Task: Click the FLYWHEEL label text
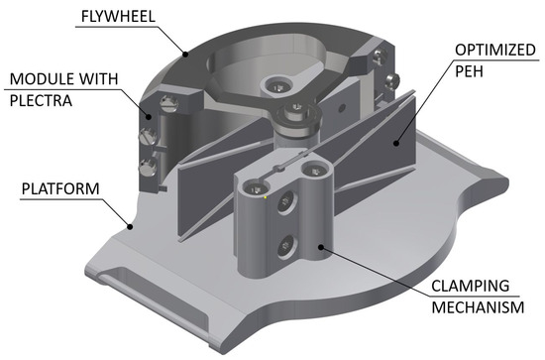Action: [x=118, y=16]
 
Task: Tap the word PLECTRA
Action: [x=41, y=100]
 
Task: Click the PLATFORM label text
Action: [x=60, y=188]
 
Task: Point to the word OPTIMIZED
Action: [x=494, y=51]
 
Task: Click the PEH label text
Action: [x=469, y=71]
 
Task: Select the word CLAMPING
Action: [x=471, y=286]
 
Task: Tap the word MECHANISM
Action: [x=478, y=307]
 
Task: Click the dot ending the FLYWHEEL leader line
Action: [x=185, y=54]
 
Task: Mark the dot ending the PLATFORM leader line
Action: [x=130, y=227]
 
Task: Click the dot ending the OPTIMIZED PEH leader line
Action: [x=395, y=142]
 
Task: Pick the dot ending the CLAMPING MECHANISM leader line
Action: [x=321, y=247]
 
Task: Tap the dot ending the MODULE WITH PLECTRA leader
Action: [x=149, y=117]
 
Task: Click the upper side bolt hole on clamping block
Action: [x=286, y=202]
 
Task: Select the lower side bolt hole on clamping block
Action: [x=286, y=247]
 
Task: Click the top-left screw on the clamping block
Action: [x=257, y=189]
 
